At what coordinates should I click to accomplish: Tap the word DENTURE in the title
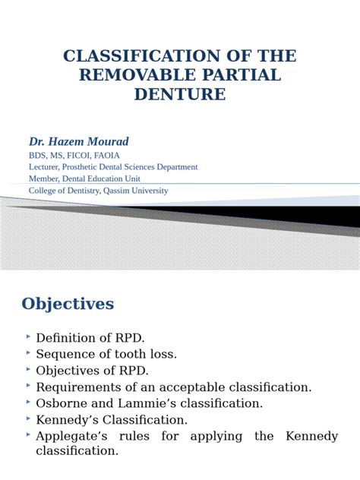point(180,94)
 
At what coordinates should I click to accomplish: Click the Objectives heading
point(68,304)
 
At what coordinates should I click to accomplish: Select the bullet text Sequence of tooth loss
point(107,353)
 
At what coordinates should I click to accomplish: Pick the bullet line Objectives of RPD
point(93,370)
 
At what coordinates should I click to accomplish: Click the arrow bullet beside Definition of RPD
point(28,335)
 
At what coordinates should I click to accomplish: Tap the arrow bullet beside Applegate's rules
point(28,434)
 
